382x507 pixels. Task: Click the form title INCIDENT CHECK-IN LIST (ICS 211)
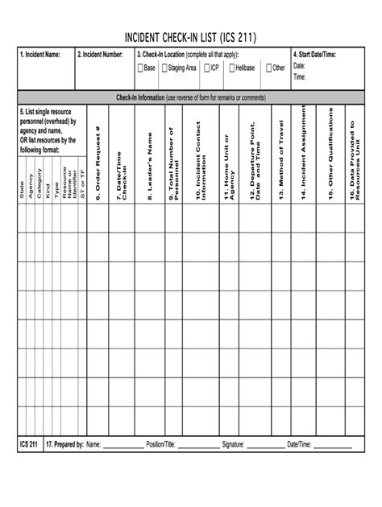click(190, 38)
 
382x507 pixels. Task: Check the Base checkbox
click(140, 68)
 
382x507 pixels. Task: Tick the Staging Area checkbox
click(164, 68)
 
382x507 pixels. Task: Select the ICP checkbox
click(206, 68)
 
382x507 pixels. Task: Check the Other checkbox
click(268, 68)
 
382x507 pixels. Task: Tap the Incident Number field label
click(100, 54)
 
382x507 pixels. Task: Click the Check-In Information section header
click(190, 97)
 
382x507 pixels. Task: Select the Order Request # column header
click(97, 161)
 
